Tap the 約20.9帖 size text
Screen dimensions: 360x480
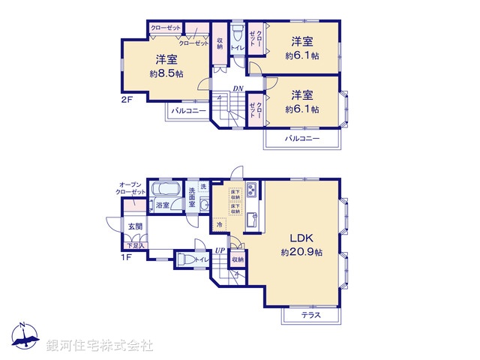[301, 253]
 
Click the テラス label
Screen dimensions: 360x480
[310, 316]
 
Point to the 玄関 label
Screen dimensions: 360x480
[134, 226]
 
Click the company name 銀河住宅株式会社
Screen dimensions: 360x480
[100, 346]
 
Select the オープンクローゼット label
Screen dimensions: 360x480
[131, 188]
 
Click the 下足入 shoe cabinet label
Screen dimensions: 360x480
[135, 245]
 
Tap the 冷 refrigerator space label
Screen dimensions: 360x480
[219, 224]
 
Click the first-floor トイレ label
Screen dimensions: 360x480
[202, 260]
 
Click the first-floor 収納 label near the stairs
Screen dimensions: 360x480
[237, 259]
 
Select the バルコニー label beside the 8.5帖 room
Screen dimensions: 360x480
[187, 111]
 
